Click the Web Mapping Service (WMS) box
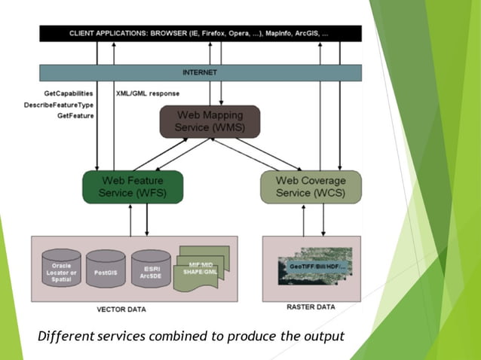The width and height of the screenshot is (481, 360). click(x=210, y=121)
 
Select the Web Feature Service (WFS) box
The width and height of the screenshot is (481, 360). click(x=132, y=187)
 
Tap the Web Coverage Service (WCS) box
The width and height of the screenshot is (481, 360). click(x=311, y=187)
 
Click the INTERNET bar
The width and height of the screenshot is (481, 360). click(x=200, y=72)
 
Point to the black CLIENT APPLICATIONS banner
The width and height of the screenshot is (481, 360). click(x=200, y=34)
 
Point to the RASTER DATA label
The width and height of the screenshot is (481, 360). click(x=311, y=307)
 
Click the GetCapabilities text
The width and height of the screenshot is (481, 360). click(x=69, y=93)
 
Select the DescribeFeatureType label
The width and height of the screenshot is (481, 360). click(x=59, y=105)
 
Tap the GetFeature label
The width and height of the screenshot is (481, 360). click(x=75, y=116)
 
